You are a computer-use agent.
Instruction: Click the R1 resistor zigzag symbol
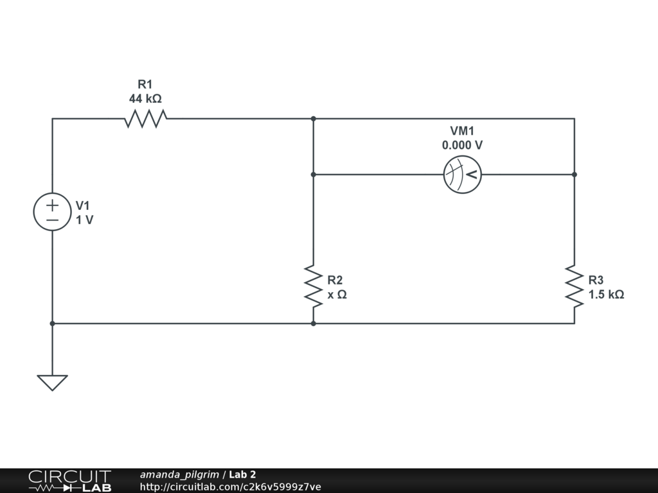coord(145,119)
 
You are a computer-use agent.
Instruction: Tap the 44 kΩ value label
coord(145,99)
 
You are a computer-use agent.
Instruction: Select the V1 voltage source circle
coord(52,212)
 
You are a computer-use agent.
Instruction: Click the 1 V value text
coord(84,220)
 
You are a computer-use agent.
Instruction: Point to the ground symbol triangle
coord(52,383)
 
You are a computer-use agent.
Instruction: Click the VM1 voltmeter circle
coord(463,175)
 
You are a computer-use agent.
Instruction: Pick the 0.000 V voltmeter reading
coord(462,146)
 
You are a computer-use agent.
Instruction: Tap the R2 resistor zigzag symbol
coord(314,287)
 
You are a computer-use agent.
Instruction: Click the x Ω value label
coord(337,295)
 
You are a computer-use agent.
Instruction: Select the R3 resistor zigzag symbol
coord(574,287)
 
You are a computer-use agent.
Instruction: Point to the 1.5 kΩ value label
coord(606,295)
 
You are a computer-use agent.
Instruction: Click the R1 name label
coord(145,85)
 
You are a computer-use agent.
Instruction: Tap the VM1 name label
coord(462,131)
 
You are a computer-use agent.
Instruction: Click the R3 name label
coord(596,280)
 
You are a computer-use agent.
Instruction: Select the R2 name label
coord(335,280)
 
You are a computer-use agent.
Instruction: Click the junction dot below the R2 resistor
coord(314,324)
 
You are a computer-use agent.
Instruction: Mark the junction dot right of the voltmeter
coord(574,175)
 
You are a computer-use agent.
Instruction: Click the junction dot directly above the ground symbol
coord(52,324)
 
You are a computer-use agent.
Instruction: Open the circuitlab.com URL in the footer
coord(230,487)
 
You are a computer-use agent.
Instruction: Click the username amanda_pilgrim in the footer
coord(179,475)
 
